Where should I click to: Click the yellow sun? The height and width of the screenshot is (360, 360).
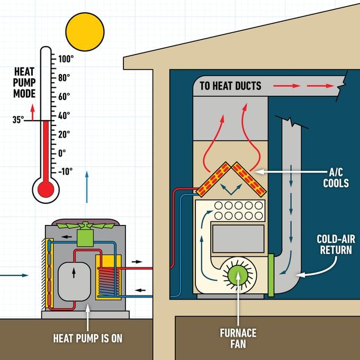[85, 32]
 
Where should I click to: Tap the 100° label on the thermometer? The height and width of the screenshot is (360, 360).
[66, 59]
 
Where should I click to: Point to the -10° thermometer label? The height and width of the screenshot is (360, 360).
[65, 172]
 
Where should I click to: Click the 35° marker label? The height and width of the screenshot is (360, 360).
[18, 120]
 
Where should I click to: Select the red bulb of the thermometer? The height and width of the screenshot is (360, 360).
[46, 190]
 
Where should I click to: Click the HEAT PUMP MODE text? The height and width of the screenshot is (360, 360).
[24, 83]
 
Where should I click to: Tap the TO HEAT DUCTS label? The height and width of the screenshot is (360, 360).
[230, 86]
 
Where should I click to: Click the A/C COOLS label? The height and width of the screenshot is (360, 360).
[336, 178]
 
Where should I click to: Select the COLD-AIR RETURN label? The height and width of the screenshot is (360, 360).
[336, 244]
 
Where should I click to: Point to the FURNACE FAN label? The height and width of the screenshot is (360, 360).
[238, 338]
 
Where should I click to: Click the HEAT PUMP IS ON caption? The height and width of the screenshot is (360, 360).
[88, 338]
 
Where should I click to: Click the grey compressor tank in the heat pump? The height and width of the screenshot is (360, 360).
[74, 281]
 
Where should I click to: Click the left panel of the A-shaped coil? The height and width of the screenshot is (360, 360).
[214, 179]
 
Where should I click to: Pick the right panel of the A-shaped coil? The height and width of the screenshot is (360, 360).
[249, 179]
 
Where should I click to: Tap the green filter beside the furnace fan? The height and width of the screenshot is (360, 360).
[271, 275]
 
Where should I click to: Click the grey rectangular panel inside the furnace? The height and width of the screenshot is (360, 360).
[238, 239]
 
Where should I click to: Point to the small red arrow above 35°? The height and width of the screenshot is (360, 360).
[33, 112]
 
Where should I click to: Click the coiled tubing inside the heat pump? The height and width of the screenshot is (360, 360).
[109, 282]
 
